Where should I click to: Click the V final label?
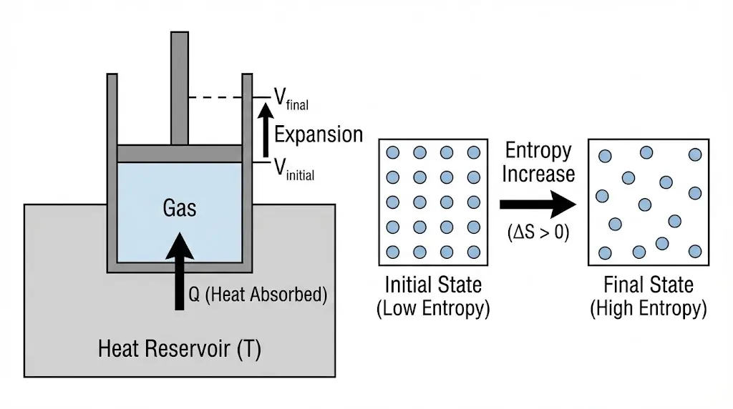(x=291, y=98)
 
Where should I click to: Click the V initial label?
(x=293, y=169)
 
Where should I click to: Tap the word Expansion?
(x=319, y=134)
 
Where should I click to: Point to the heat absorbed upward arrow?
(x=180, y=271)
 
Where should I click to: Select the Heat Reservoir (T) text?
(x=179, y=350)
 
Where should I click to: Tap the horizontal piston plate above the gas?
(x=180, y=153)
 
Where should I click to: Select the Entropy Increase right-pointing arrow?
(x=537, y=204)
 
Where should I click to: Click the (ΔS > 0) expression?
(x=538, y=232)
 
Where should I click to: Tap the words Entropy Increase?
(x=538, y=162)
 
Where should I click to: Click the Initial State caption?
(x=432, y=285)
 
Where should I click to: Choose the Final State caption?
(x=649, y=285)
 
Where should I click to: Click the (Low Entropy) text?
(x=432, y=309)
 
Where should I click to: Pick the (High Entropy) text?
(x=649, y=309)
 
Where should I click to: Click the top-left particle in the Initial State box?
(x=392, y=152)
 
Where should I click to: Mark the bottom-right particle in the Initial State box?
(x=473, y=252)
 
